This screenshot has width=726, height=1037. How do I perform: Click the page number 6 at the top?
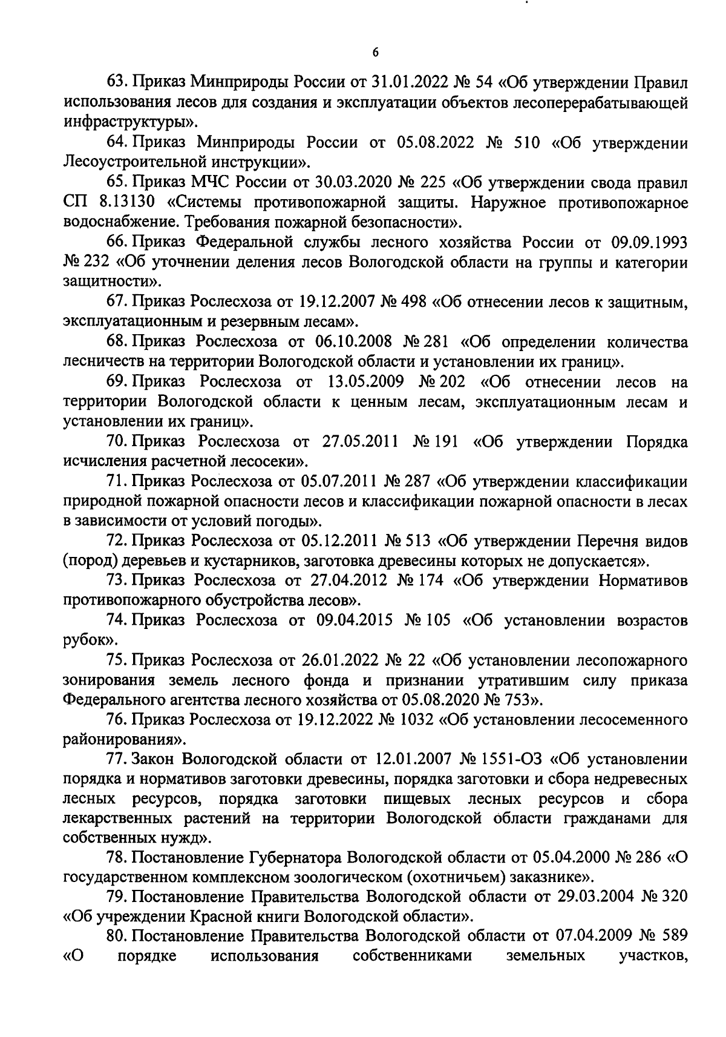tap(375, 53)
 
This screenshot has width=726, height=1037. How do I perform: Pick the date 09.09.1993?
tap(649, 242)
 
